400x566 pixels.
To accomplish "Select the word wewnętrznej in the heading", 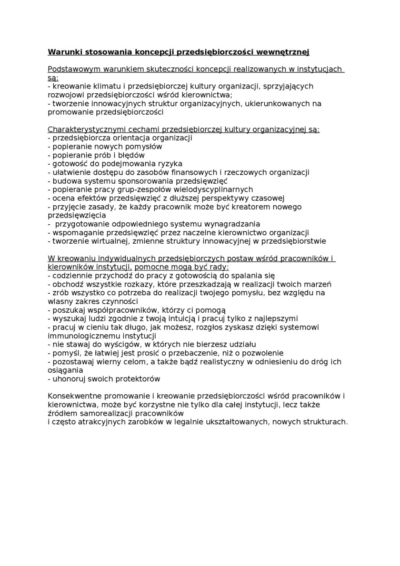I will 284,52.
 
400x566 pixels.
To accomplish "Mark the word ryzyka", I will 166,164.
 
